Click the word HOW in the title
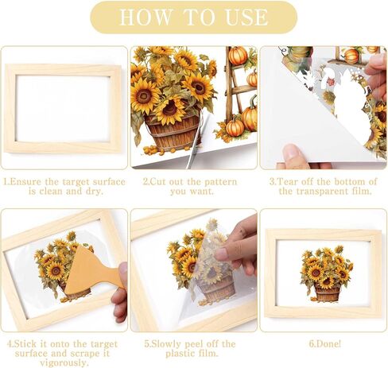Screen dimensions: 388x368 click(145, 17)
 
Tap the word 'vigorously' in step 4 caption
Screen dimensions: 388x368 click(64, 362)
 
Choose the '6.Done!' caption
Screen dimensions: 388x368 click(325, 344)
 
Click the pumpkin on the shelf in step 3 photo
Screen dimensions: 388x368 click(351, 56)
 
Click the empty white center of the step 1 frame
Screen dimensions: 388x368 click(63, 109)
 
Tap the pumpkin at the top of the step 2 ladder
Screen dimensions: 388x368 click(238, 56)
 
